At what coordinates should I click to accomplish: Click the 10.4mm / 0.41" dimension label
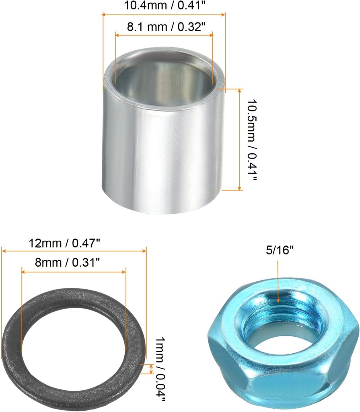click(x=164, y=5)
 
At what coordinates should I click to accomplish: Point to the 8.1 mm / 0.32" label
click(x=166, y=27)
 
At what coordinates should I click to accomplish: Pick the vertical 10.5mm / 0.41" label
click(x=251, y=140)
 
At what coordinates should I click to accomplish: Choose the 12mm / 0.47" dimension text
click(x=64, y=243)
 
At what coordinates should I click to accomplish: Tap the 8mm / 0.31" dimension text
click(x=68, y=262)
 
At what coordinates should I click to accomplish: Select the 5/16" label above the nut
click(x=279, y=250)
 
